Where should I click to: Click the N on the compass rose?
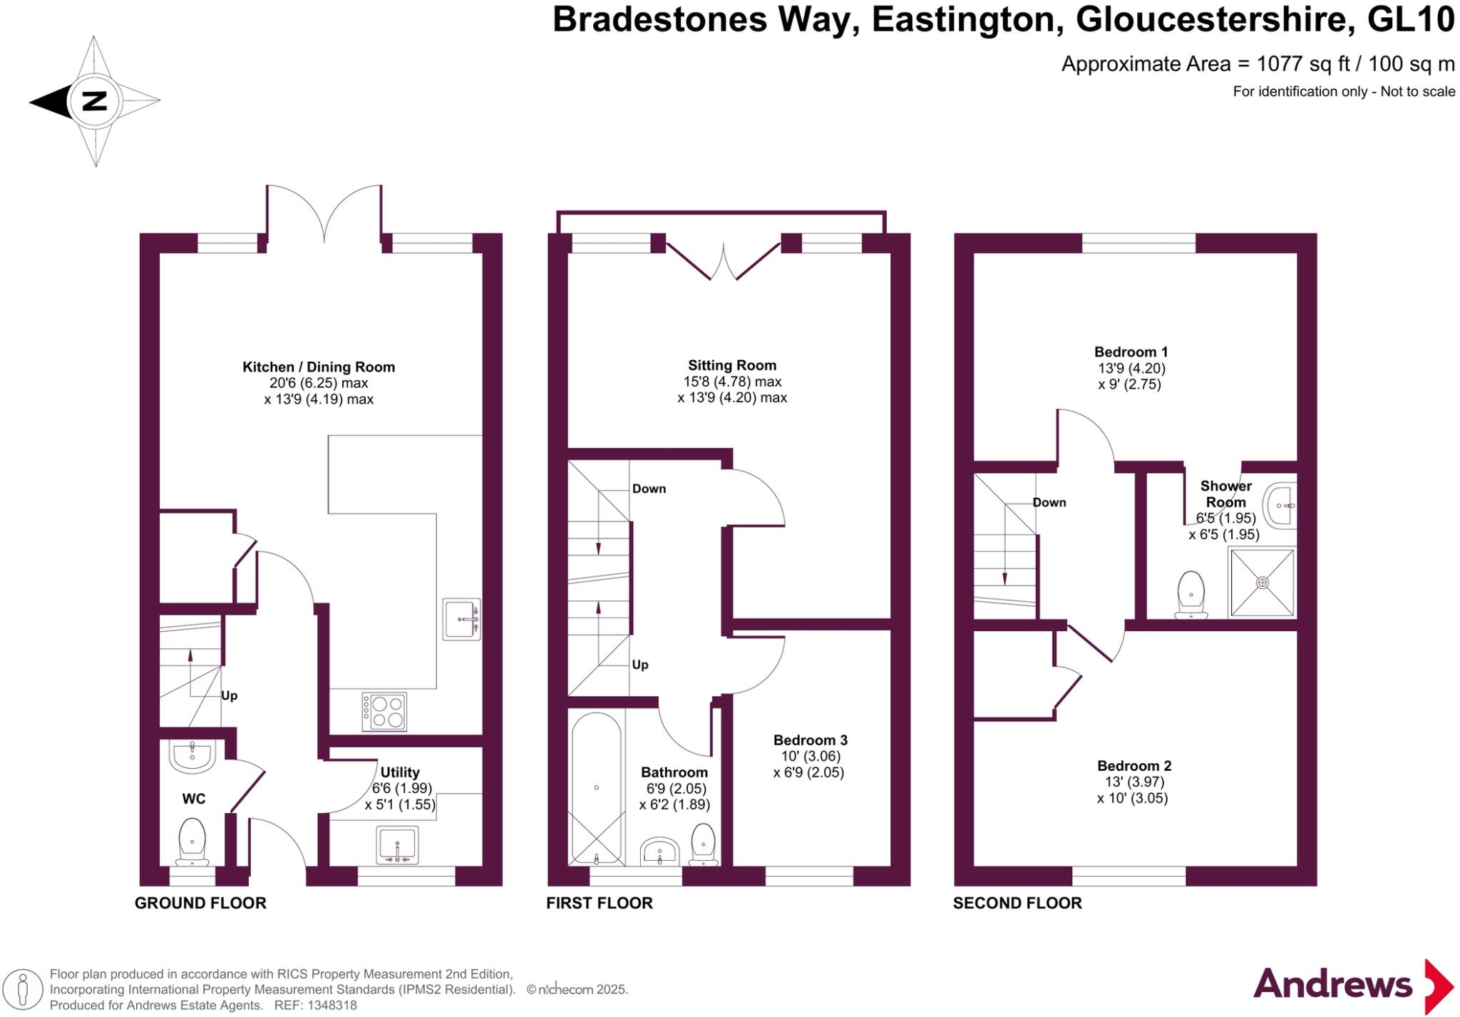click(x=94, y=101)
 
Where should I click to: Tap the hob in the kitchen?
click(x=384, y=711)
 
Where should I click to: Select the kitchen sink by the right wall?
click(x=461, y=619)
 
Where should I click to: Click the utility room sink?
click(x=397, y=845)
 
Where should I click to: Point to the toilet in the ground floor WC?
click(x=192, y=842)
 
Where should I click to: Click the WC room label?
click(x=193, y=799)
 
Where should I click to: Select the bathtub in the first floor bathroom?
click(x=597, y=787)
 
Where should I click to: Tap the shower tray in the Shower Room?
click(x=1262, y=582)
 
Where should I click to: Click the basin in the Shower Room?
click(x=1280, y=505)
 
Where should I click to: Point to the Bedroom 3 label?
click(x=810, y=740)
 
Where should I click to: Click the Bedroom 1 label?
click(x=1131, y=352)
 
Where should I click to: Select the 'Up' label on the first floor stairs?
click(x=640, y=665)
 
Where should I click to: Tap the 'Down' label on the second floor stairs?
click(x=1049, y=502)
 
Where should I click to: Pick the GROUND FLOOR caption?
click(x=200, y=903)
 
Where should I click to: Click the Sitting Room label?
click(x=731, y=365)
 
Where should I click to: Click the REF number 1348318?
click(x=331, y=1005)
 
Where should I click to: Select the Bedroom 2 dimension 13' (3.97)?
click(x=1133, y=782)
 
